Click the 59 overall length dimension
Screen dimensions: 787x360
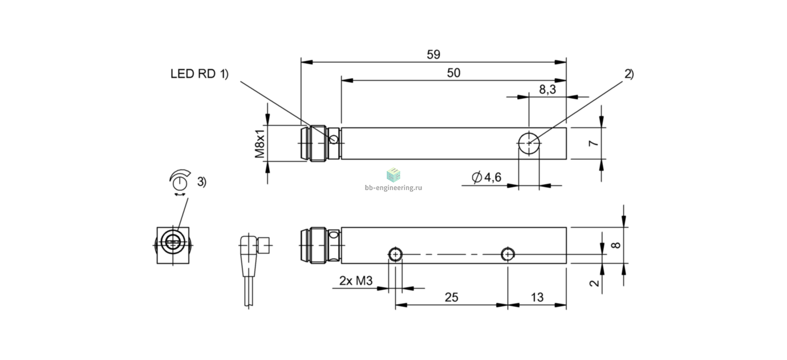433,55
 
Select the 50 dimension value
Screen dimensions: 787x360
453,73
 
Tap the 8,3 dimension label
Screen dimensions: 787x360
547,90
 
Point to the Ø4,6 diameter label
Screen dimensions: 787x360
486,177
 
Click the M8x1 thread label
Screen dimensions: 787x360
259,143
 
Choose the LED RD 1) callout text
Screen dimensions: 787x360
199,74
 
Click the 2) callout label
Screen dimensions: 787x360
629,74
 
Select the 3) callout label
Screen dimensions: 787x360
202,182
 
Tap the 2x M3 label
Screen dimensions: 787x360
355,281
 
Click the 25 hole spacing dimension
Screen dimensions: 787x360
452,297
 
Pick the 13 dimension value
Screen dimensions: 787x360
537,297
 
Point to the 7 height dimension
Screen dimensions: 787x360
594,143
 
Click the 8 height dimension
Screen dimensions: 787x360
615,245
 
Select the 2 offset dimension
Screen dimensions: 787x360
594,283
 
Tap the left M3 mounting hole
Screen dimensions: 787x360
395,254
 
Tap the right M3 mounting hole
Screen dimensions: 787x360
508,254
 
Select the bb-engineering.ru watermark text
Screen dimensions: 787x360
393,188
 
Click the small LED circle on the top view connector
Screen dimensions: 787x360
334,140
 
